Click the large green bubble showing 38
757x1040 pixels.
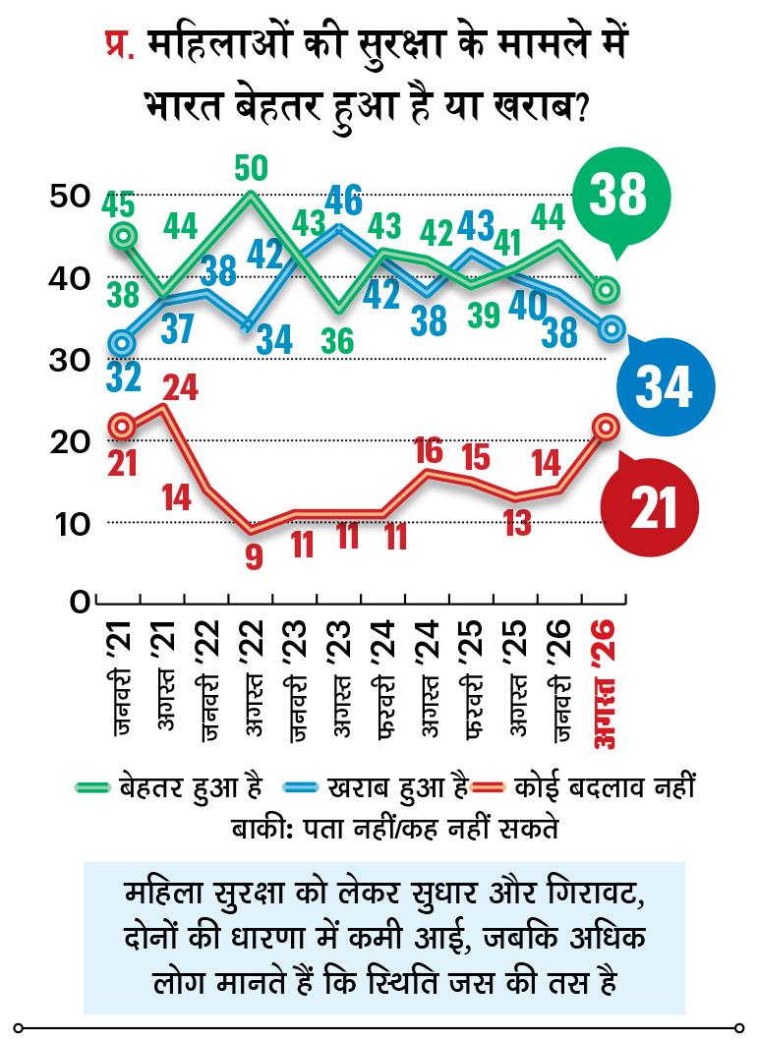click(x=621, y=196)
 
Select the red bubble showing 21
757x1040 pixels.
click(x=649, y=506)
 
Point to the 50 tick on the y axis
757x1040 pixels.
click(x=69, y=197)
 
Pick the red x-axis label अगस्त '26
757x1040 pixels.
click(x=604, y=684)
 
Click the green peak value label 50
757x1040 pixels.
click(x=251, y=168)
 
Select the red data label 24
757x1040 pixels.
click(x=181, y=386)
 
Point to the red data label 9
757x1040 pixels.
click(x=254, y=555)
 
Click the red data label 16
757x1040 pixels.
click(x=428, y=451)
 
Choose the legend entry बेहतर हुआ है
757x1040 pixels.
click(x=168, y=787)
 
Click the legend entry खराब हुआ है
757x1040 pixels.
click(x=376, y=787)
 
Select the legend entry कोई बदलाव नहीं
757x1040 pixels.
click(x=584, y=786)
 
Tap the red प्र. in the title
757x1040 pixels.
click(x=120, y=47)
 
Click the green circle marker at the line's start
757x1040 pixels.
click(x=124, y=235)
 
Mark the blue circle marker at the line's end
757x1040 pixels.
click(x=611, y=327)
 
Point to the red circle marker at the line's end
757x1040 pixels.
click(x=606, y=427)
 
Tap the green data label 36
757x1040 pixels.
click(x=337, y=341)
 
